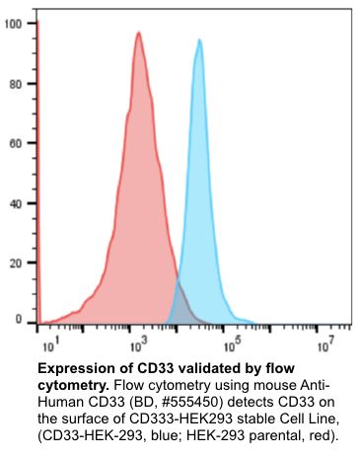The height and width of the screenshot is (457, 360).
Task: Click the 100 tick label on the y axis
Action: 14,23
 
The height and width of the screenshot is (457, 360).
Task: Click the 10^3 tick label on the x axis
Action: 139,346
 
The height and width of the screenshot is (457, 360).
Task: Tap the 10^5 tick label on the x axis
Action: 233,346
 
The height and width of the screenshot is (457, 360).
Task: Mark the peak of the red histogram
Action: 139,33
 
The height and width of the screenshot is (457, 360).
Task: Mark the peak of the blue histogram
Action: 199,39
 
